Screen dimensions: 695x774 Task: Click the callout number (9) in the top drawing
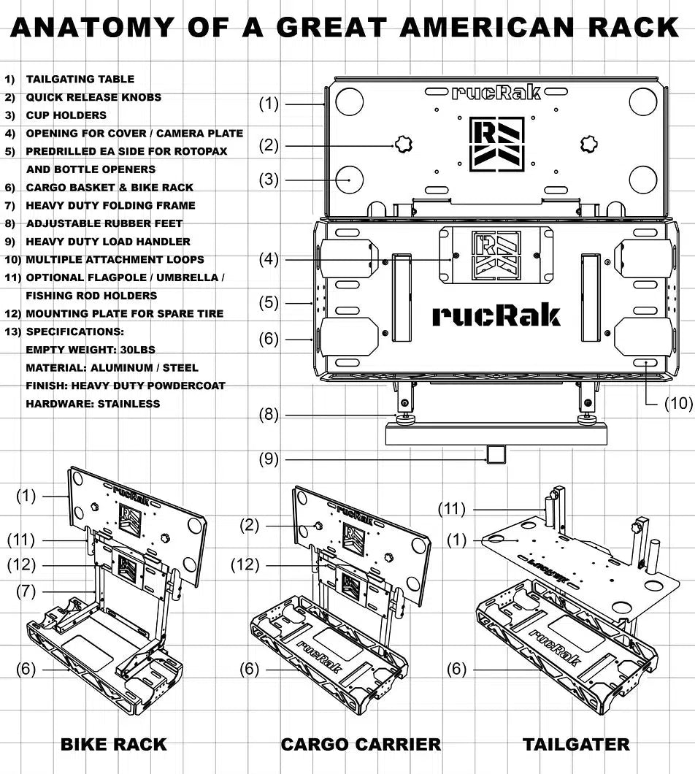269,459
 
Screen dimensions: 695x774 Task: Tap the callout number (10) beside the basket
679,403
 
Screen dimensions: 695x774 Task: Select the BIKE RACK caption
114,744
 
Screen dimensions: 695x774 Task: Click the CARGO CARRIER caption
361,744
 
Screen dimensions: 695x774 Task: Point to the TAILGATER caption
576,744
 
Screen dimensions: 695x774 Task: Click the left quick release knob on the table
403,145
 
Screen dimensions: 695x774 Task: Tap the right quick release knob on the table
588,144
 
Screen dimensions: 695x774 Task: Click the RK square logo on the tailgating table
496,144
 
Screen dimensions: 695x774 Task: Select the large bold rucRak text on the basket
496,316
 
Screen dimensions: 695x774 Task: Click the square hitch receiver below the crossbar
496,453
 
